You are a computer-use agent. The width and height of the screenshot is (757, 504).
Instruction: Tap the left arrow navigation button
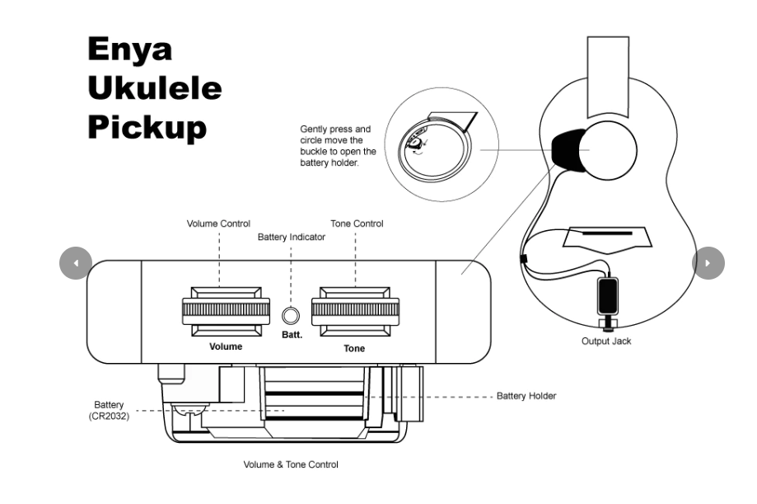(76, 263)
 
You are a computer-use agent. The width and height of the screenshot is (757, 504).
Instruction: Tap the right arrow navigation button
(708, 263)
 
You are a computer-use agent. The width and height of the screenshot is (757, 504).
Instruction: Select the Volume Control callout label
(218, 224)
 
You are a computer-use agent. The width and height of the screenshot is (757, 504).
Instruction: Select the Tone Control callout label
(357, 224)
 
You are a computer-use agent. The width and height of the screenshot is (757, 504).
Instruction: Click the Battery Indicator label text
(291, 238)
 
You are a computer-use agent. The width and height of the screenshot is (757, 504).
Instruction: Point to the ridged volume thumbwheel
(226, 310)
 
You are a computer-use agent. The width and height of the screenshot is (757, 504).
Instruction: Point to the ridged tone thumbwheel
(357, 310)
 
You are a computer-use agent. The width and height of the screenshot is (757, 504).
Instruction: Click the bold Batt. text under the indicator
(292, 335)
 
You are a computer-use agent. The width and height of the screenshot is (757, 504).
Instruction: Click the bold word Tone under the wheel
(354, 348)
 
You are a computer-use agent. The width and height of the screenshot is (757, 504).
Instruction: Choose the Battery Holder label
(526, 396)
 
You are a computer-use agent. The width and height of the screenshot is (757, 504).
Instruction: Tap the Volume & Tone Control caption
(290, 464)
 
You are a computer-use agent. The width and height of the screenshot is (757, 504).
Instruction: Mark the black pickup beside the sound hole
(565, 149)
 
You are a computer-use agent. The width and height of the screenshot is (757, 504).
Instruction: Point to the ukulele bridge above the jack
(607, 237)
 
